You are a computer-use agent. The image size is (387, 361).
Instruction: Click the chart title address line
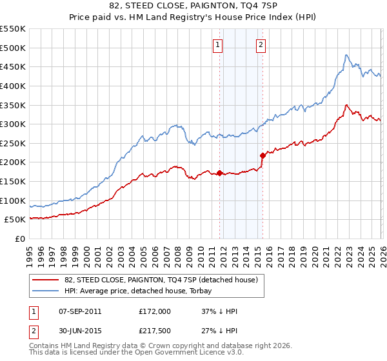pos(193,6)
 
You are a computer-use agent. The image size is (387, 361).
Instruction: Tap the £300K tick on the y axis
pos(14,124)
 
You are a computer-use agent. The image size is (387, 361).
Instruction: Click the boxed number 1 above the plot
pos(218,45)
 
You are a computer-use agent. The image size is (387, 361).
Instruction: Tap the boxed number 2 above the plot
pos(261,45)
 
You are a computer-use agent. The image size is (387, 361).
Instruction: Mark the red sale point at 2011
pos(219,173)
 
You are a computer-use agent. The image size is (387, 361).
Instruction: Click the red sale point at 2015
pos(263,155)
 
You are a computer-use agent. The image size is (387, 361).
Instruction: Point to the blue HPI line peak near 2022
pos(346,55)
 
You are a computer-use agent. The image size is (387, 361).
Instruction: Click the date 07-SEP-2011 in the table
pos(79,311)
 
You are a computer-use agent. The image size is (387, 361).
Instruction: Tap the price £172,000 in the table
pos(155,311)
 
